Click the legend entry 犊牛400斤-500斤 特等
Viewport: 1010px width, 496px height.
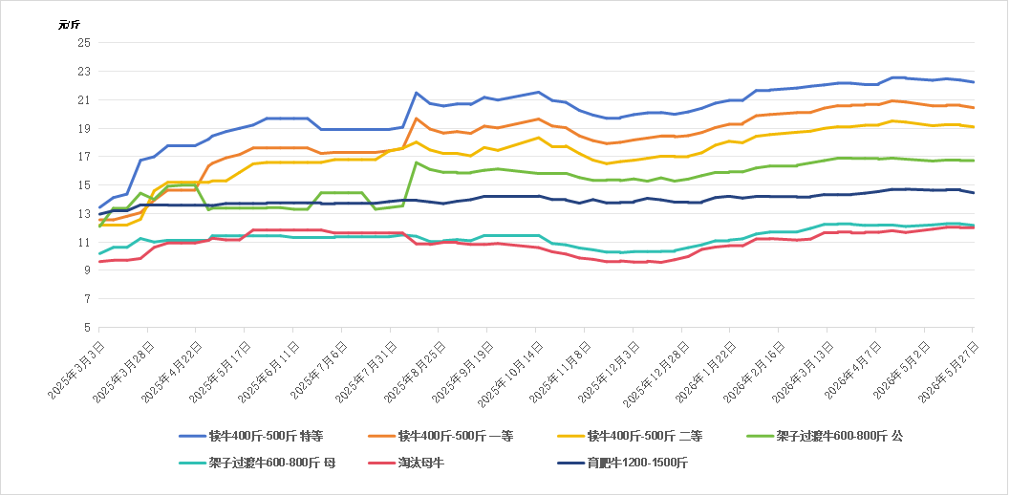[251, 436]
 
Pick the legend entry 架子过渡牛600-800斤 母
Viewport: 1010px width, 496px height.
[258, 463]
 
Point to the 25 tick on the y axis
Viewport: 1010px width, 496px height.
[85, 42]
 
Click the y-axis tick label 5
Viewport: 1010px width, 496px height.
[88, 327]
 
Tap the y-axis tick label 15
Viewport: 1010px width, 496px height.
[85, 184]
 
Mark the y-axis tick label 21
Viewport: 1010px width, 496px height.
[85, 99]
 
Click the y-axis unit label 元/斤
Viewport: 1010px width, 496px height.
[69, 25]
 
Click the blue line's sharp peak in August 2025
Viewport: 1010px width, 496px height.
[417, 93]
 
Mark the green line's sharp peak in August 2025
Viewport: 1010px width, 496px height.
[417, 162]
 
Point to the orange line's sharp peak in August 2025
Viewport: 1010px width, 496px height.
[417, 119]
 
